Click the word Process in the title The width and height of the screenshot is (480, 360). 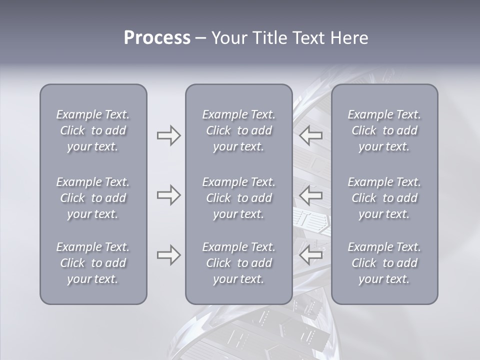(x=157, y=38)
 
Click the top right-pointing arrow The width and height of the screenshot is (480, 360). (x=168, y=135)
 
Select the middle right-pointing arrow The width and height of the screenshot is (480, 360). (x=168, y=195)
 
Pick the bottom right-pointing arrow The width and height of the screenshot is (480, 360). (x=168, y=255)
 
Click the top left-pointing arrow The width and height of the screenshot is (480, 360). (x=311, y=135)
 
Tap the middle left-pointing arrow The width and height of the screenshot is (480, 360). (x=311, y=195)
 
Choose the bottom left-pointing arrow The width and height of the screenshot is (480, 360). (x=311, y=255)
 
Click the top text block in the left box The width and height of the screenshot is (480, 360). (x=93, y=130)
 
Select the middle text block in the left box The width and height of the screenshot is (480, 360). (x=93, y=198)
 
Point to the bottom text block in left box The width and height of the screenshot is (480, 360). (x=93, y=263)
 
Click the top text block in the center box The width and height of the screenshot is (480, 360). (x=238, y=130)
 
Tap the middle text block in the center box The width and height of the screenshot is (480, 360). (x=238, y=198)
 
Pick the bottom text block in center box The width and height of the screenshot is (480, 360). (x=238, y=263)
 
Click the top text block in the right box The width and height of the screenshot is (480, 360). (x=384, y=130)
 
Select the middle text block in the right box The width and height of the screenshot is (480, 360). (x=384, y=198)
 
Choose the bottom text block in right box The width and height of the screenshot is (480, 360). (x=384, y=263)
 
